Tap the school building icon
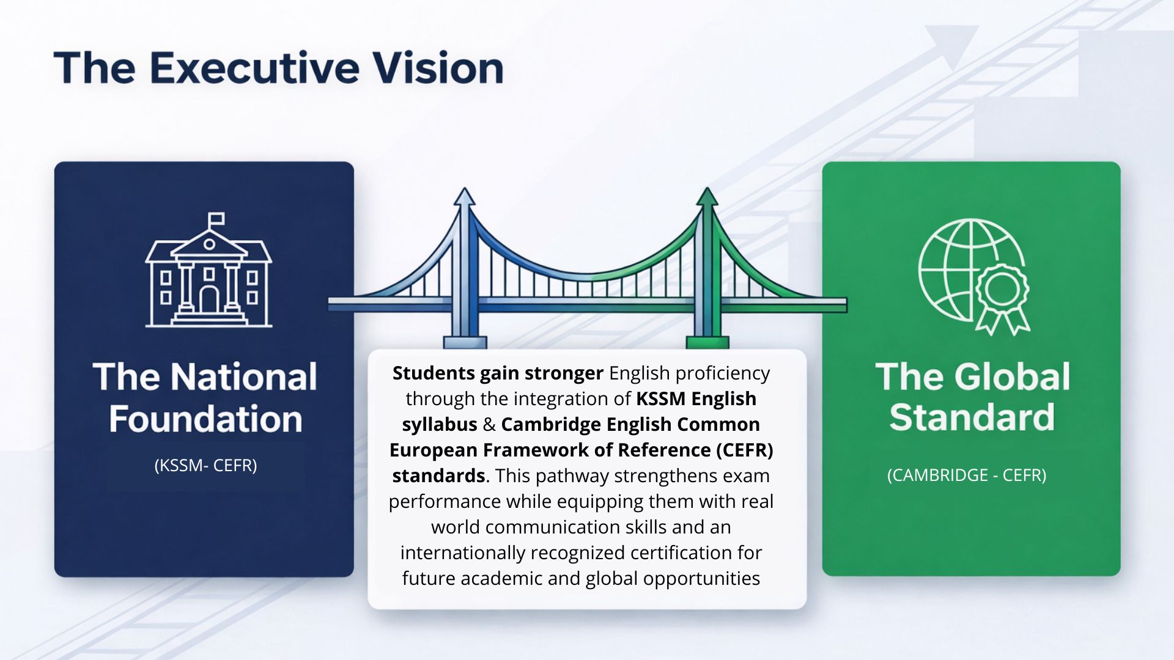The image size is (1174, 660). click(209, 270)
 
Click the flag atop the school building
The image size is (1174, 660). click(216, 219)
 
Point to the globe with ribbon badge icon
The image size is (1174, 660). click(973, 276)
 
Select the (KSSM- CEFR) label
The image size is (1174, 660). click(205, 466)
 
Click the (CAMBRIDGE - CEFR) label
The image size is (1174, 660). click(967, 475)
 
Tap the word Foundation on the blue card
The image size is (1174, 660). click(206, 420)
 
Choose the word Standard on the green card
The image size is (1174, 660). click(972, 418)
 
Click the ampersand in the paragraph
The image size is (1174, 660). click(489, 424)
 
